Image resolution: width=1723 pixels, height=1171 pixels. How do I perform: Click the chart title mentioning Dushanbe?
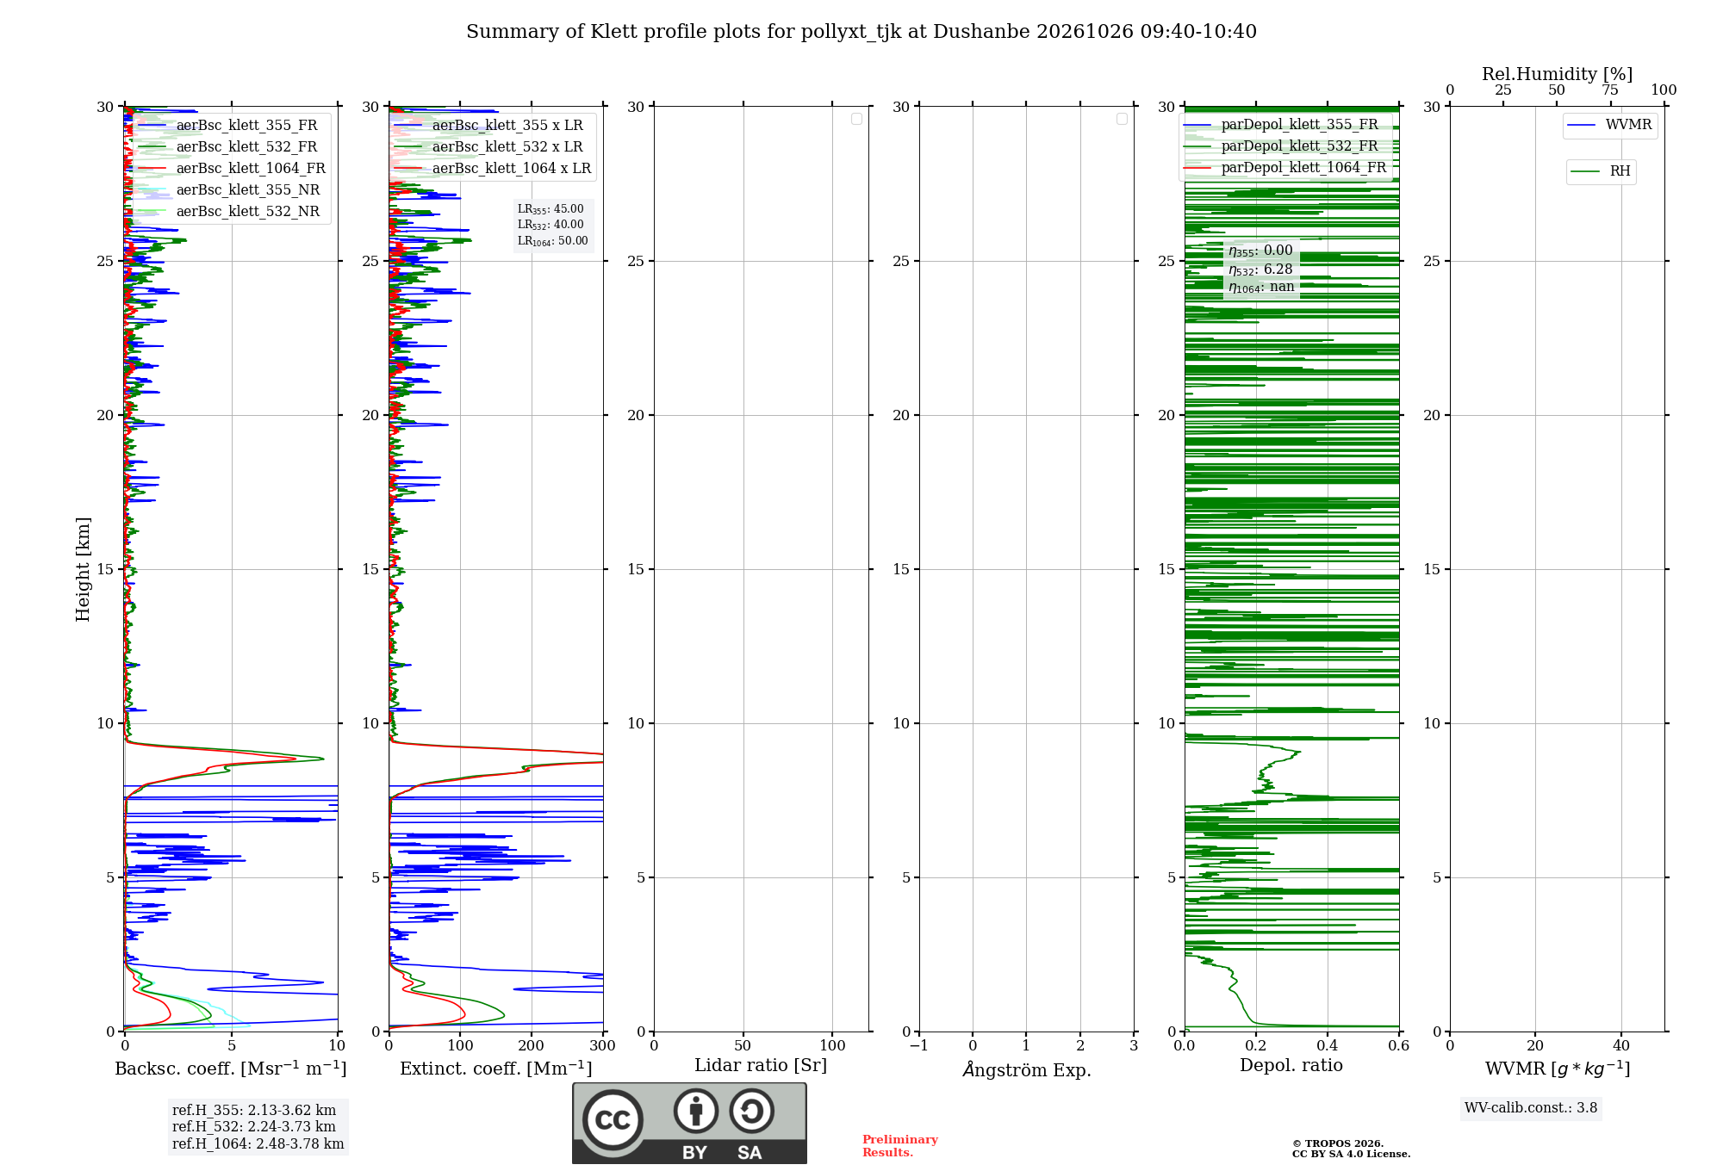point(861,32)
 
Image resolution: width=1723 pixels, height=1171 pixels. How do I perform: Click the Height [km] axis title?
point(83,569)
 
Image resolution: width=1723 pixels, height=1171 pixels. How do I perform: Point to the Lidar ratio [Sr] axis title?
point(761,1065)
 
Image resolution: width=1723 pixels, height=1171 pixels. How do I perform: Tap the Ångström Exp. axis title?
point(1027,1069)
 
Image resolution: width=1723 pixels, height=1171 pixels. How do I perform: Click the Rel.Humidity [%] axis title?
point(1558,74)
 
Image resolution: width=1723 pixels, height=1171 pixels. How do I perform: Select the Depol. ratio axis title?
point(1291,1065)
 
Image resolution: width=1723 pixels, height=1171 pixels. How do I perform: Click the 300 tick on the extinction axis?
point(603,1045)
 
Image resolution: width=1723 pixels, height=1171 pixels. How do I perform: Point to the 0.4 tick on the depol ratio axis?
point(1328,1045)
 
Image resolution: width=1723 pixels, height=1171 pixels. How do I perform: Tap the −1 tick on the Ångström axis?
point(918,1045)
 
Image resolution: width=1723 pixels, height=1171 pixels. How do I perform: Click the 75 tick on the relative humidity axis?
point(1610,90)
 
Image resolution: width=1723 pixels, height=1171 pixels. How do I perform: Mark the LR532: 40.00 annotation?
point(550,225)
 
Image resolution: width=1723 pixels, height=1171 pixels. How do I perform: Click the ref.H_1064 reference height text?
point(258,1143)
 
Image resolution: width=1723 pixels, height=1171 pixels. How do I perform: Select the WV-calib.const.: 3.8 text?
point(1531,1108)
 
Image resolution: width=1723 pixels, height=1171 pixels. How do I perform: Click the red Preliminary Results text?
point(900,1146)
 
